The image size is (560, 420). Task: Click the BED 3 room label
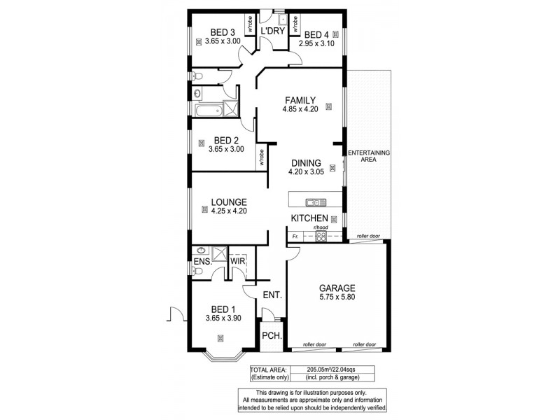click(x=223, y=31)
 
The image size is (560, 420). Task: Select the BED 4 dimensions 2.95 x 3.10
click(x=316, y=44)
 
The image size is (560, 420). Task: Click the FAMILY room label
click(x=300, y=99)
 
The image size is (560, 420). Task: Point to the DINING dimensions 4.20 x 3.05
click(x=307, y=172)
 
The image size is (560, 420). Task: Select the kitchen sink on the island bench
click(x=317, y=203)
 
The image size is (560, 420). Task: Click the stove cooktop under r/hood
click(x=321, y=237)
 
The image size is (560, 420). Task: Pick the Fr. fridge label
click(x=297, y=237)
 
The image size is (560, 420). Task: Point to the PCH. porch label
click(x=272, y=337)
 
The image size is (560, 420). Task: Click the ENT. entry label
click(x=272, y=295)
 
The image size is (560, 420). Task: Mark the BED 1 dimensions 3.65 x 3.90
click(x=223, y=318)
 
